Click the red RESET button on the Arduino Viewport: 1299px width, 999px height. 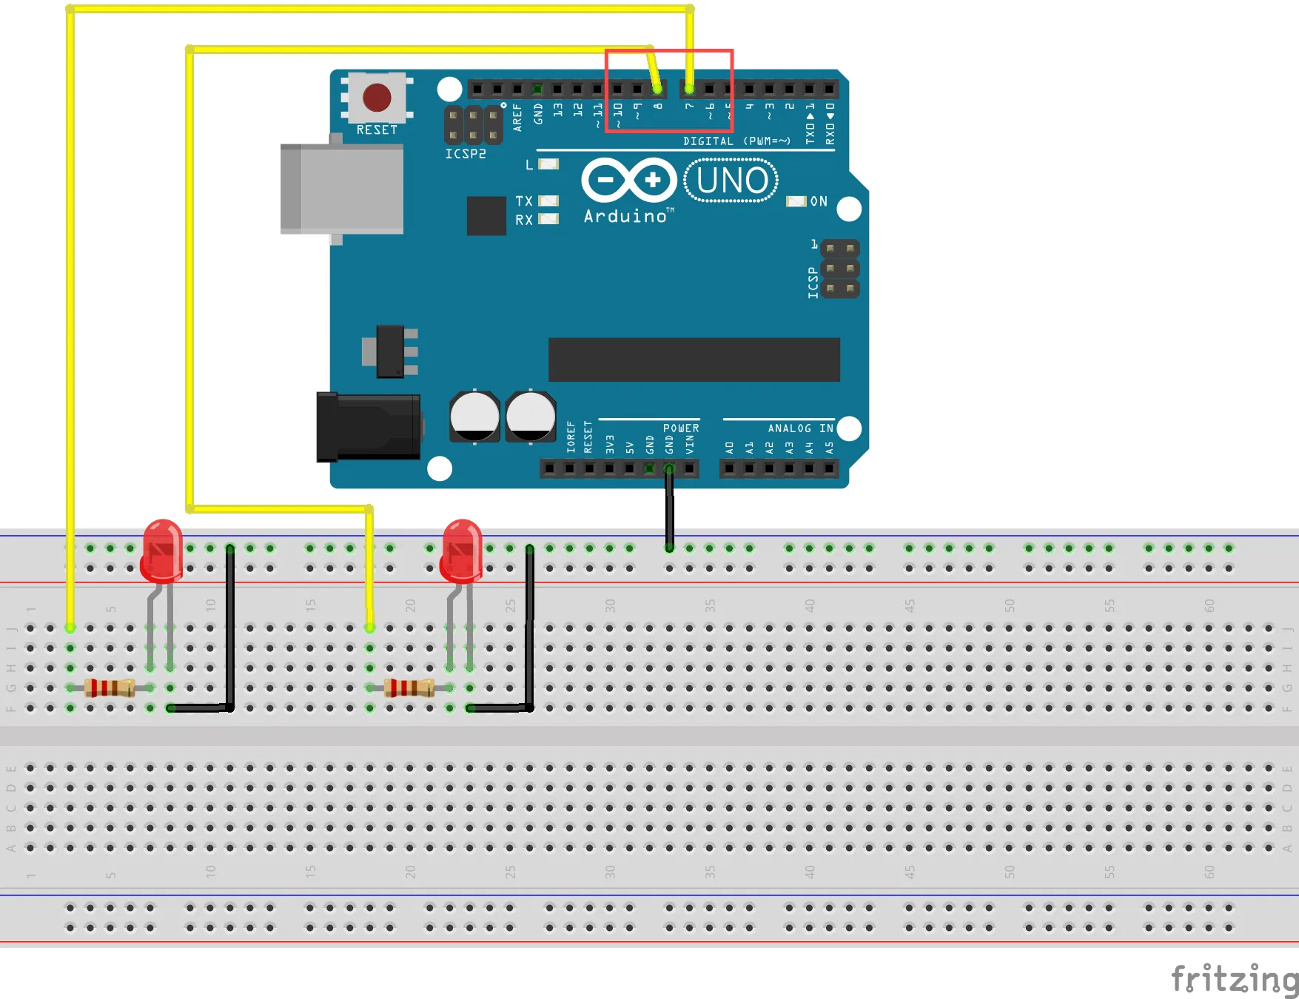pos(377,97)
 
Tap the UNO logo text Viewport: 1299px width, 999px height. pos(731,181)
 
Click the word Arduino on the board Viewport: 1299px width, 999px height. pos(625,216)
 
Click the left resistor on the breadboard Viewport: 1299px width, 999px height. pos(110,687)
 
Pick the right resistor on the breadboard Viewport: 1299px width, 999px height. pos(409,687)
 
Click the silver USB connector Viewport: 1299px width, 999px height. pos(342,189)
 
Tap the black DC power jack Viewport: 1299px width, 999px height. pos(369,427)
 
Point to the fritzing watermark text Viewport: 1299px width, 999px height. pos(1234,979)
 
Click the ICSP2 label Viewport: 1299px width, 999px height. pos(466,154)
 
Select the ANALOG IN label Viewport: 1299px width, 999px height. pos(800,428)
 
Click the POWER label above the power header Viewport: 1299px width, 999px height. pos(681,428)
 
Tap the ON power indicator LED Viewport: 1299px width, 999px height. pos(796,201)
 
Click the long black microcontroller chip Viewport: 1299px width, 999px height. pos(694,360)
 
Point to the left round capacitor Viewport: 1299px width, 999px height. pos(474,417)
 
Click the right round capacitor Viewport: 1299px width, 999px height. pos(531,417)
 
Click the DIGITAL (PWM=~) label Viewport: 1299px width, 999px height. pos(736,141)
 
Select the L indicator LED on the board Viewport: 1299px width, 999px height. pos(548,164)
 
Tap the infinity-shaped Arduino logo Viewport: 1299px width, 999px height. pos(629,180)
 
